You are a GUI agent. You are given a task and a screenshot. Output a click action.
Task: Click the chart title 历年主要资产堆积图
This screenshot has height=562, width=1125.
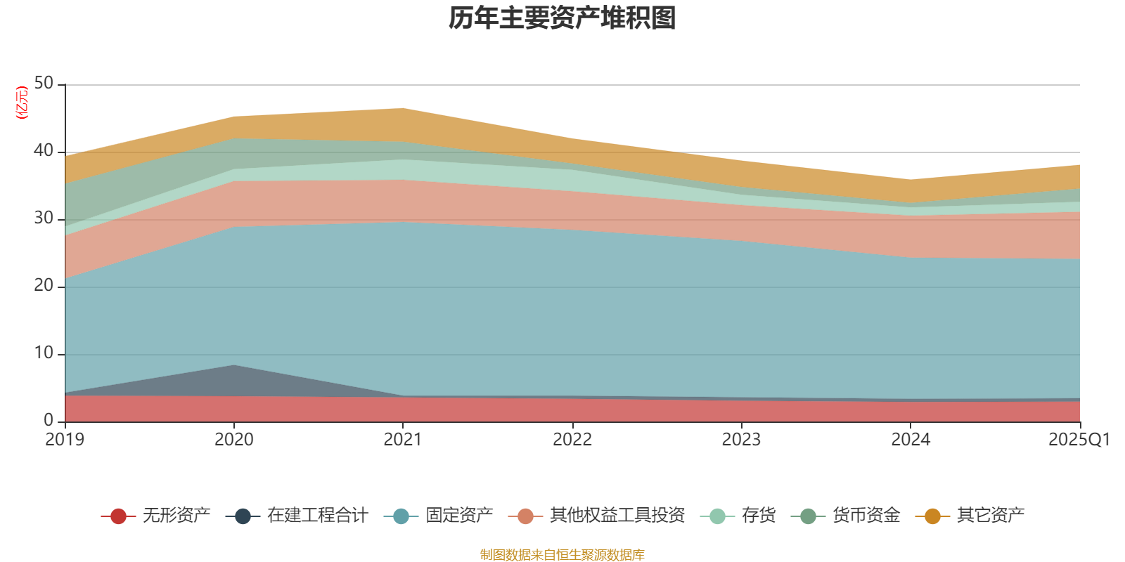click(562, 18)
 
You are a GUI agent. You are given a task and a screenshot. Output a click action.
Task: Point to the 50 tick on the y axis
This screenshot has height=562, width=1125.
click(44, 83)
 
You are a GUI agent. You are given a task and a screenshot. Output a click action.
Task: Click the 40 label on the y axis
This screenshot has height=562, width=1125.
click(44, 150)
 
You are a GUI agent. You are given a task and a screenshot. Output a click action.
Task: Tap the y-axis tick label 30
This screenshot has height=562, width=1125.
click(44, 218)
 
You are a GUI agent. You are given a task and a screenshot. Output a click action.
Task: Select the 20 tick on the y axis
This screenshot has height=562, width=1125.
click(44, 285)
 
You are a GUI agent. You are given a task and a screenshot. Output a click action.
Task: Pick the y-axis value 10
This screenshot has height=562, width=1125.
click(44, 353)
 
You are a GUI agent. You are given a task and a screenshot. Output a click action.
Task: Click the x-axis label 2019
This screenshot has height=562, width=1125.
click(65, 440)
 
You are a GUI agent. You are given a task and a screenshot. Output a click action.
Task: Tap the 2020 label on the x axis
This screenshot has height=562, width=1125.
click(233, 440)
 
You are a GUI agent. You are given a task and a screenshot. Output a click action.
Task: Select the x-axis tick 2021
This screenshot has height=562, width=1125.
click(402, 440)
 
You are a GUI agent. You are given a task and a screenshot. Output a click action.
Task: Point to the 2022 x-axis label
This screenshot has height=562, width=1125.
click(572, 440)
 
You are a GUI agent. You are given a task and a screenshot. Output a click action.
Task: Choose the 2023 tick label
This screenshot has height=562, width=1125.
click(741, 440)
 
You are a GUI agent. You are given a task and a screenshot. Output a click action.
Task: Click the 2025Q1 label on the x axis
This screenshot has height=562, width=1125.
click(1079, 440)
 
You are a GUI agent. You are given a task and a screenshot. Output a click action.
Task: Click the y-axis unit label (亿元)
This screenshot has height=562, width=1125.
click(22, 103)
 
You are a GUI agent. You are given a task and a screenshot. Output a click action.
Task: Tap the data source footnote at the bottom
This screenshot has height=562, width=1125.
click(562, 555)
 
